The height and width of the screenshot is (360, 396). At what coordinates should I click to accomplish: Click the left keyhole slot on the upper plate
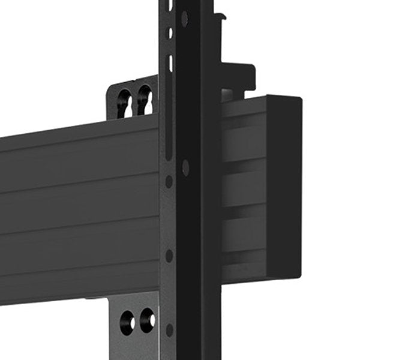coord(125,103)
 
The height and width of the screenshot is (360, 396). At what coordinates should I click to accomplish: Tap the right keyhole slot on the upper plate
coord(144,100)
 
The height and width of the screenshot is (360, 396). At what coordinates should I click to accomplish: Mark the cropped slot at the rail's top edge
coord(170,5)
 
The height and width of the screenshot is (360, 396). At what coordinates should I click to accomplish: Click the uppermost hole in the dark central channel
coord(185,19)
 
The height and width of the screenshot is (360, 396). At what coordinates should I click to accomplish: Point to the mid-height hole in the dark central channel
coord(185,167)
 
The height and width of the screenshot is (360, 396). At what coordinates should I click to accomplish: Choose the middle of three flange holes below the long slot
coord(170,255)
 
